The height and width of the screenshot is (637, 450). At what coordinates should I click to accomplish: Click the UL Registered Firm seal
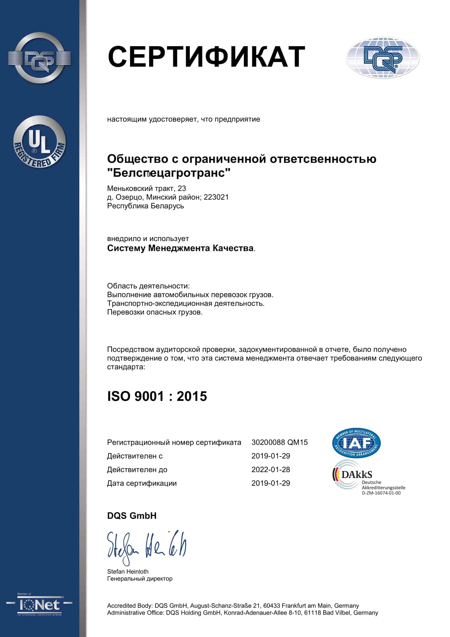pyautogui.click(x=40, y=142)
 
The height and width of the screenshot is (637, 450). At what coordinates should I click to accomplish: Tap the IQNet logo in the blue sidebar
pyautogui.click(x=39, y=605)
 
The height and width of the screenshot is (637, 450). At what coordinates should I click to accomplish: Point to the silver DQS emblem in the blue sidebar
pyautogui.click(x=39, y=58)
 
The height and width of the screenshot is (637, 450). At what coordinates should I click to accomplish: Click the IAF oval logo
pyautogui.click(x=356, y=443)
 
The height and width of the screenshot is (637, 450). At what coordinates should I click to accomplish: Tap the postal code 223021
pyautogui.click(x=216, y=197)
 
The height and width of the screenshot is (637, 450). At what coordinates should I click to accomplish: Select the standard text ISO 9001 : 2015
pyautogui.click(x=157, y=396)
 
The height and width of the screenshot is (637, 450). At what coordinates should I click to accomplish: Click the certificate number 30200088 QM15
pyautogui.click(x=279, y=442)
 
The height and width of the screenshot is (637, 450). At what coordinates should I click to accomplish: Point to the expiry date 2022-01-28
pyautogui.click(x=270, y=470)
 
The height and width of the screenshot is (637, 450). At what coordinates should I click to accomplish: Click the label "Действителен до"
pyautogui.click(x=137, y=470)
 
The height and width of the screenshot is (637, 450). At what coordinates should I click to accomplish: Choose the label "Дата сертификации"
pyautogui.click(x=142, y=483)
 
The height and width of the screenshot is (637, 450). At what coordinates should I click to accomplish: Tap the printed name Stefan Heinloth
pyautogui.click(x=128, y=572)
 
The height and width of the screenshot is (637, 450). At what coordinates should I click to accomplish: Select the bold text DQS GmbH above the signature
pyautogui.click(x=132, y=516)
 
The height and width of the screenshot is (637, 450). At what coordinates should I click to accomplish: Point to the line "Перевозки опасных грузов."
pyautogui.click(x=155, y=312)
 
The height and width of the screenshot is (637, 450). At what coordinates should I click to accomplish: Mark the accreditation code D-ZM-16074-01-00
pyautogui.click(x=381, y=493)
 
